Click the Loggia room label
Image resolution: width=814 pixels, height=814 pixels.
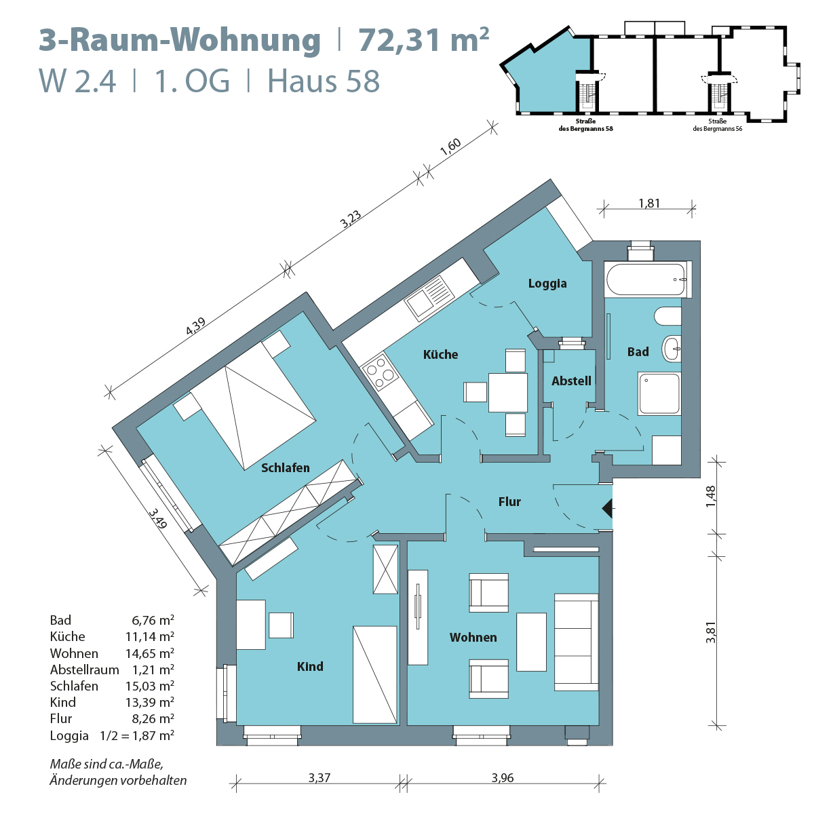(x=547, y=284)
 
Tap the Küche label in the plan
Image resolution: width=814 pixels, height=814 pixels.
(x=440, y=354)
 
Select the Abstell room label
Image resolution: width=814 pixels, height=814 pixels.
(x=571, y=381)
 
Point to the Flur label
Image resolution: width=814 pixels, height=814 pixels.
(x=509, y=502)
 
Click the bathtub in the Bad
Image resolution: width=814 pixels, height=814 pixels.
(x=645, y=279)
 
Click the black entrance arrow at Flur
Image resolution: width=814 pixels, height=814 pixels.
(x=608, y=508)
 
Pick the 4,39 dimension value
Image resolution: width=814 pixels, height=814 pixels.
(x=195, y=326)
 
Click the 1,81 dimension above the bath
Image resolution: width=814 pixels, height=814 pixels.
(x=649, y=203)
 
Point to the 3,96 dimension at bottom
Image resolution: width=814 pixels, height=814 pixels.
(x=503, y=778)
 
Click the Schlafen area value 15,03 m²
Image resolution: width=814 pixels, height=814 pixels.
(x=153, y=686)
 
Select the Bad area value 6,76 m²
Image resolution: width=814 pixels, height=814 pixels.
(x=153, y=620)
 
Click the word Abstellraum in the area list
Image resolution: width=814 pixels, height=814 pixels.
(x=84, y=670)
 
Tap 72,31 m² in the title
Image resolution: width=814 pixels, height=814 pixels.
(x=423, y=40)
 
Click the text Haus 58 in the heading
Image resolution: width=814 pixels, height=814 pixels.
(x=324, y=81)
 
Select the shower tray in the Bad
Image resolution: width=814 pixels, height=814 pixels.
(x=659, y=393)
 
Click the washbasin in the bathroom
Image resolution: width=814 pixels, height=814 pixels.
(x=672, y=349)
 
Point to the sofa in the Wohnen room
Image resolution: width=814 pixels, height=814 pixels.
(x=577, y=642)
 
